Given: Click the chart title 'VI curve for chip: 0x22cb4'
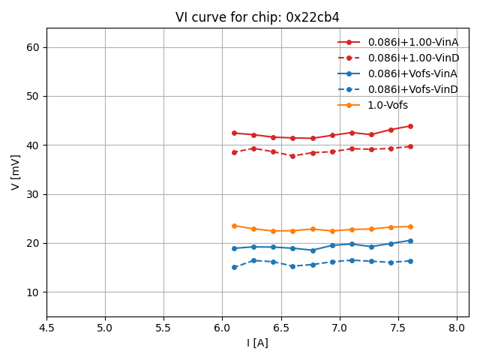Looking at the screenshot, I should pyautogui.click(x=257, y=17).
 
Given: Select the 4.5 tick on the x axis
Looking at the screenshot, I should pyautogui.click(x=46, y=328).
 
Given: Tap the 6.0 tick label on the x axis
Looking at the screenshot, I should pyautogui.click(x=222, y=328).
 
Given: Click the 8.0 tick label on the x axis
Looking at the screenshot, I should pyautogui.click(x=457, y=328).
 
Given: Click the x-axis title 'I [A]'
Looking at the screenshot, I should pyautogui.click(x=257, y=343).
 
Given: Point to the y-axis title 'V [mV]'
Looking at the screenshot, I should pyautogui.click(x=16, y=172).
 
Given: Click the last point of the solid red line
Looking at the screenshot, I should pyautogui.click(x=410, y=126).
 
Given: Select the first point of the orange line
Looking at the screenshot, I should pyautogui.click(x=234, y=226).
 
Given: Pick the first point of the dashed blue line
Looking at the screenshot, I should pyautogui.click(x=234, y=267).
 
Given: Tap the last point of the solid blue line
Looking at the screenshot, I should pyautogui.click(x=410, y=241).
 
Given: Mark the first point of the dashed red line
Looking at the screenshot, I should pyautogui.click(x=234, y=152).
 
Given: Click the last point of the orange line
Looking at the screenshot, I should pyautogui.click(x=410, y=226).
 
